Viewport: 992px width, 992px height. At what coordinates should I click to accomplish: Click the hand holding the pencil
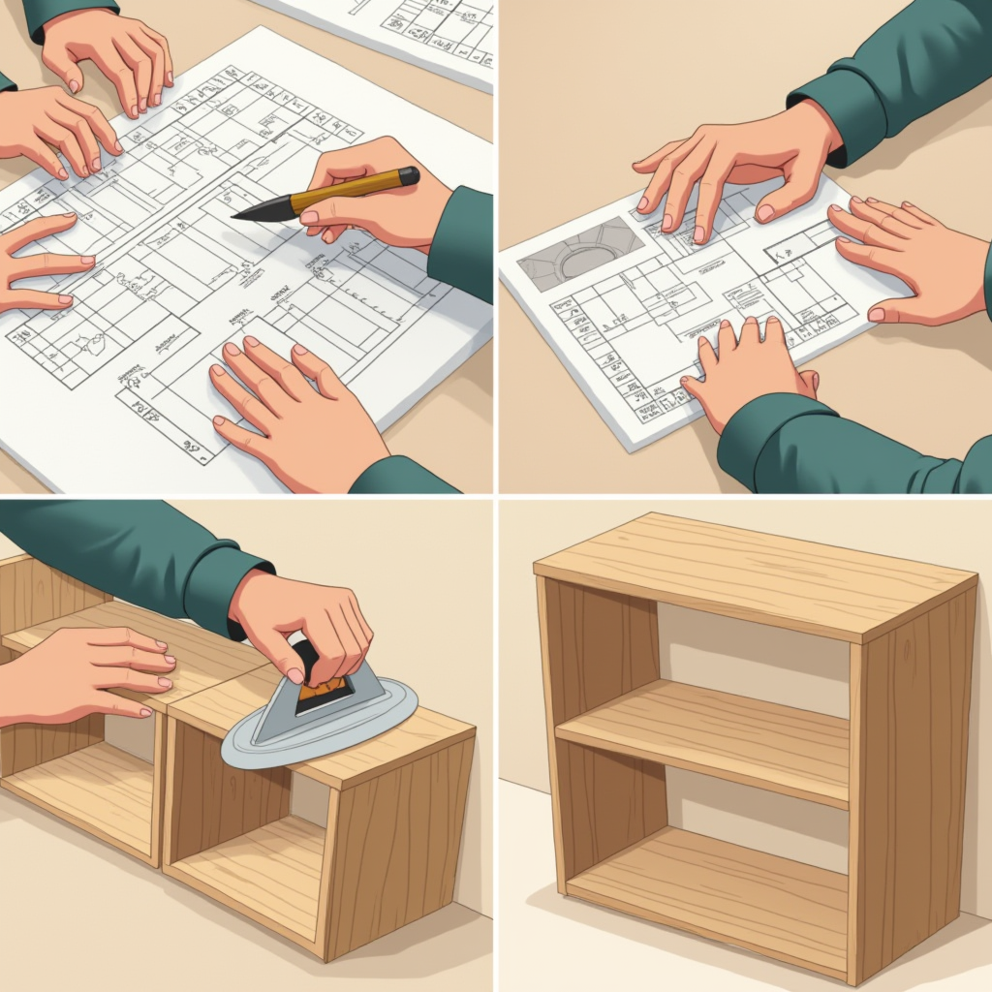tap(378, 199)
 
